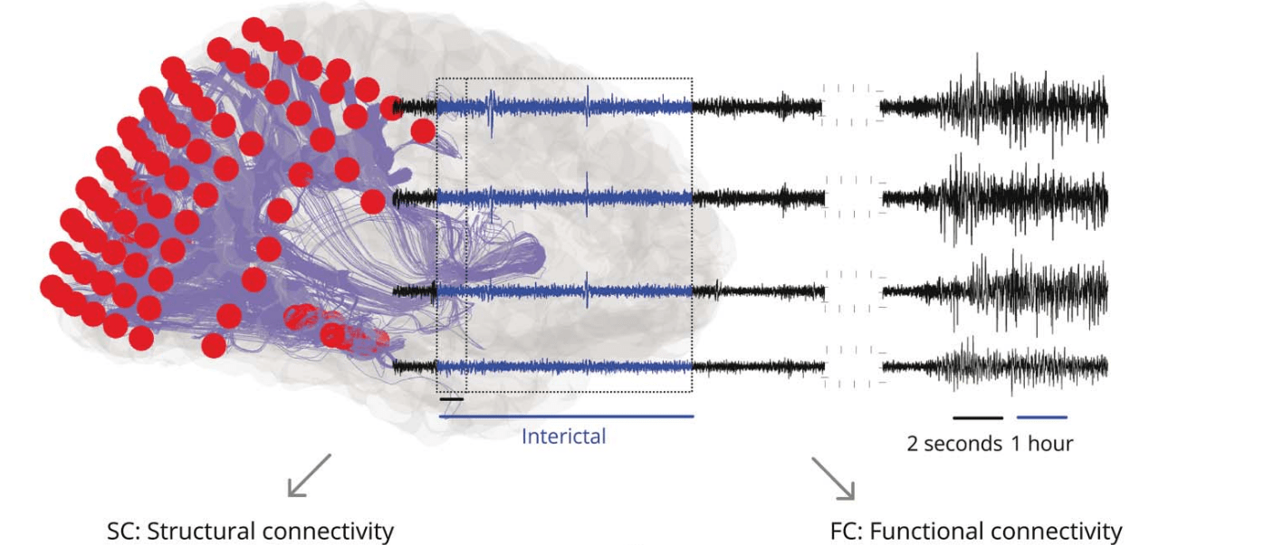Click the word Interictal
[563, 436]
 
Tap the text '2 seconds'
[954, 444]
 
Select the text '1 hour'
[1042, 444]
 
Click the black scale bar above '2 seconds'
[978, 418]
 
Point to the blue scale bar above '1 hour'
[1042, 418]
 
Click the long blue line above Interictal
[566, 416]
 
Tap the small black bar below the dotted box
[451, 398]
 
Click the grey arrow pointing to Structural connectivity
[309, 475]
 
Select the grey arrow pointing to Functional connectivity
[832, 478]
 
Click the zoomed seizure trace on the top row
[996, 107]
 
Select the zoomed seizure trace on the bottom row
[996, 366]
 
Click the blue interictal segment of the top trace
[566, 107]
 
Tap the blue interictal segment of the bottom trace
[566, 367]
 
